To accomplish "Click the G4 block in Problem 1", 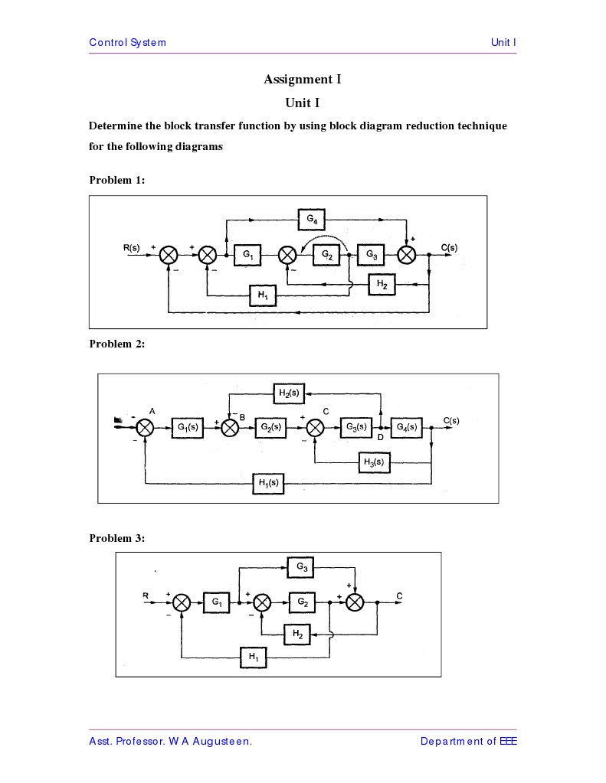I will (x=312, y=220).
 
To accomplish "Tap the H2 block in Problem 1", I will (x=382, y=284).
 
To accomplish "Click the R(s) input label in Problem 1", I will (x=132, y=247).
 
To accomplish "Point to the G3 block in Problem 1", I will (x=370, y=254).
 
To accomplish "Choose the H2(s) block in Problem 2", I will (x=289, y=393).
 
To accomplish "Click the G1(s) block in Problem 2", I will (x=187, y=428).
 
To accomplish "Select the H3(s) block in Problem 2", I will (x=375, y=462).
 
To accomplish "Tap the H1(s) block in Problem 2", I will (x=268, y=484).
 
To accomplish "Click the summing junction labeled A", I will (x=146, y=428).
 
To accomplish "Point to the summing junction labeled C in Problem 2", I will (x=316, y=428).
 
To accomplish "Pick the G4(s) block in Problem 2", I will (x=406, y=427).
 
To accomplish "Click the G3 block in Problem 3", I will (x=302, y=568).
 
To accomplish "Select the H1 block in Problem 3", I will (x=254, y=657).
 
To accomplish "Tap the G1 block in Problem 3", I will (x=217, y=603).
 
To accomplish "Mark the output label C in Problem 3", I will (x=400, y=595).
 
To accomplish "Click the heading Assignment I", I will (x=302, y=80).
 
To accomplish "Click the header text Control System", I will (x=127, y=42).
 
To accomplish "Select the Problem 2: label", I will (x=117, y=344).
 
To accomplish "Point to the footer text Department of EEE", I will (x=468, y=741).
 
